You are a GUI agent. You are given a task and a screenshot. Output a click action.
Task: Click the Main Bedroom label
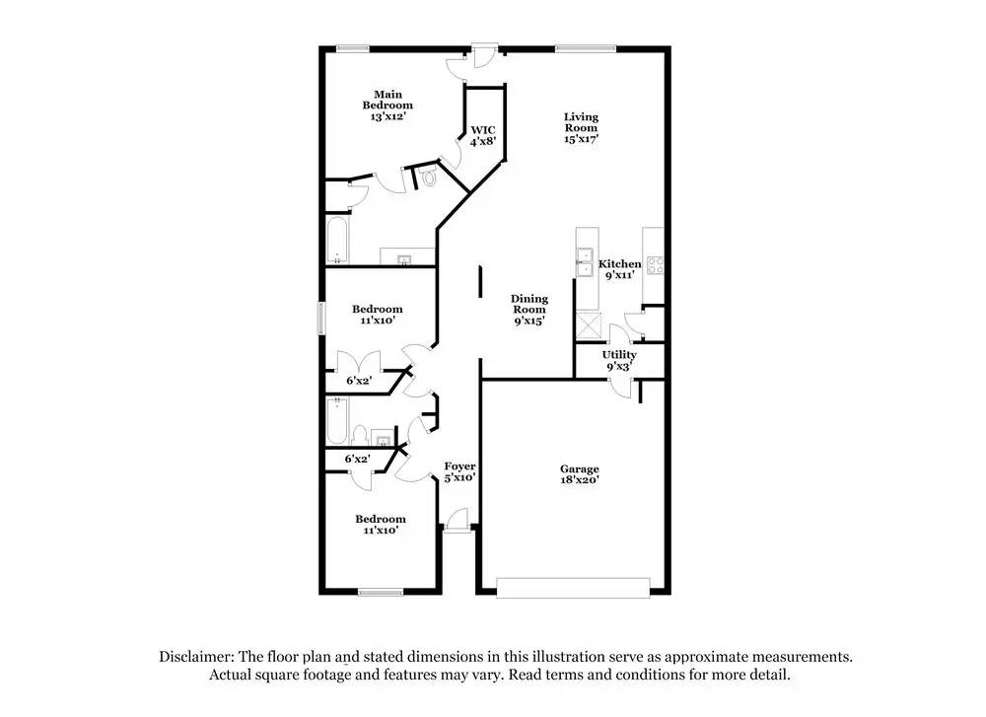click(x=387, y=106)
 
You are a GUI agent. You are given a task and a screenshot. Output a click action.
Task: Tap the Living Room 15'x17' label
click(x=581, y=127)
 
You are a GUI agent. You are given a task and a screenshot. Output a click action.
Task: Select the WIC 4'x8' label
click(x=482, y=135)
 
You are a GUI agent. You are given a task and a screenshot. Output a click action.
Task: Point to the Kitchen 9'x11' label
click(x=620, y=269)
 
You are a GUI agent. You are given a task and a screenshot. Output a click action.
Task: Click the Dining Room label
click(x=529, y=309)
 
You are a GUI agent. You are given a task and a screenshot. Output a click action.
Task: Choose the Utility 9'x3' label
click(x=619, y=360)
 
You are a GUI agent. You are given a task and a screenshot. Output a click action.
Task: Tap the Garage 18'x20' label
click(x=580, y=474)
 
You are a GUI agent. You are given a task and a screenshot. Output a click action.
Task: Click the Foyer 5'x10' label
click(x=459, y=471)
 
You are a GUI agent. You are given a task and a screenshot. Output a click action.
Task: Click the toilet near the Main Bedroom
click(x=428, y=178)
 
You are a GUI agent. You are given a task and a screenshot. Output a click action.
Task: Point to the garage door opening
click(x=573, y=588)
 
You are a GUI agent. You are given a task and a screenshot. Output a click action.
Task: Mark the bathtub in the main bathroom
click(x=336, y=241)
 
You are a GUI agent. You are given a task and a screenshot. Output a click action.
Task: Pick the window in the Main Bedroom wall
click(x=352, y=48)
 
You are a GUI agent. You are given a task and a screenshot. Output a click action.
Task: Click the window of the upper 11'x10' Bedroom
click(x=319, y=318)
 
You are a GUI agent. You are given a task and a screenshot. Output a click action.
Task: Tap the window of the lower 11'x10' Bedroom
click(x=381, y=592)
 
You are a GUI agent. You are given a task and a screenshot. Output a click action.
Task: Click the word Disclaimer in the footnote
click(x=194, y=656)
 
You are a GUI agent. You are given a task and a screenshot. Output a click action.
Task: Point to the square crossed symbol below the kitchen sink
click(x=591, y=321)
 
